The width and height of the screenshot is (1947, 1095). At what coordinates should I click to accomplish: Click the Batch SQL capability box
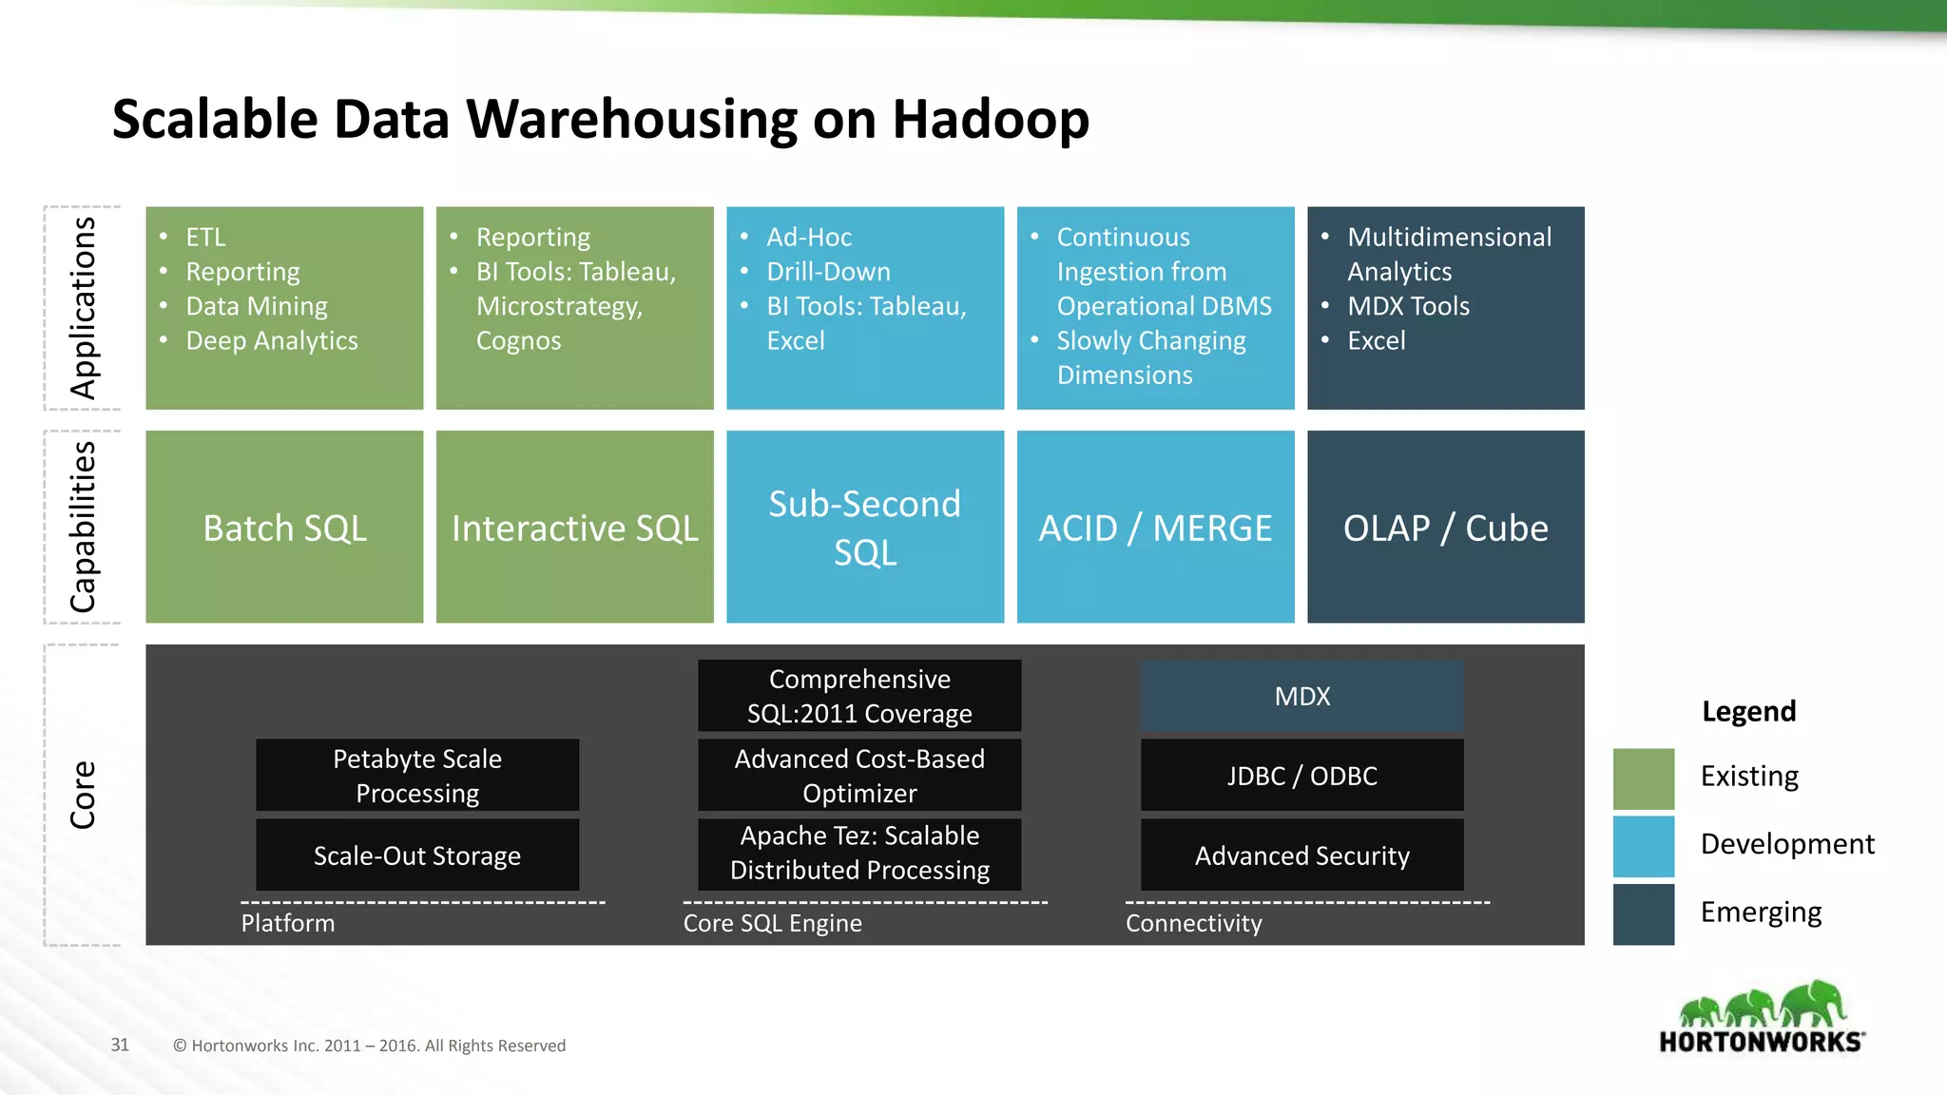(x=284, y=528)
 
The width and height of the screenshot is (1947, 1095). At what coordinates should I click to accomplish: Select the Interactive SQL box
(x=574, y=528)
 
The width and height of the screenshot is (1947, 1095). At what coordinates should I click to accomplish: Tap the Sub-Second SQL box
(x=864, y=528)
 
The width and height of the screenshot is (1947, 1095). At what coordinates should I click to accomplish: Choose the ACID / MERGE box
(x=1155, y=528)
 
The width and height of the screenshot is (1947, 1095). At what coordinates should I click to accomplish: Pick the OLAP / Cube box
(x=1445, y=528)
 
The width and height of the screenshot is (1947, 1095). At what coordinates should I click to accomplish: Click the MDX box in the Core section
(x=1301, y=696)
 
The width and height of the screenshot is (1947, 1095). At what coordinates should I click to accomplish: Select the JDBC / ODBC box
(x=1301, y=776)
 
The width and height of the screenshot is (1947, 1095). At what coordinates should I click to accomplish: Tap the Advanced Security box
(x=1301, y=855)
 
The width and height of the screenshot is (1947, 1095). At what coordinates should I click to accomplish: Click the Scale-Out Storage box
(x=416, y=855)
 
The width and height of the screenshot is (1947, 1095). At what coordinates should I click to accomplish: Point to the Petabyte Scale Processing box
(x=416, y=776)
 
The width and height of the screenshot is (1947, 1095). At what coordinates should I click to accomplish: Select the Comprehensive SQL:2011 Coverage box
(x=859, y=696)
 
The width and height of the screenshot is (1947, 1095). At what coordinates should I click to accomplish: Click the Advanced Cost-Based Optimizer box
(x=859, y=776)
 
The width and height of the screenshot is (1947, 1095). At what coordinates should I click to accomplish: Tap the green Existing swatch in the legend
(x=1643, y=778)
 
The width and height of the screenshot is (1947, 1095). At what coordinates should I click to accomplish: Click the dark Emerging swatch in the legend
(x=1643, y=913)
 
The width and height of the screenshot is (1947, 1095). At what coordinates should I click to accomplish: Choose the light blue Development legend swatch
(x=1643, y=846)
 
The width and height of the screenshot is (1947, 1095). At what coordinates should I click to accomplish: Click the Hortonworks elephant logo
(x=1762, y=1016)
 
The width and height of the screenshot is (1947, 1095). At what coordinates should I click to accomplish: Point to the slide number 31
(x=120, y=1045)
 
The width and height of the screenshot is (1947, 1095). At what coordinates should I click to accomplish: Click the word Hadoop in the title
(x=990, y=120)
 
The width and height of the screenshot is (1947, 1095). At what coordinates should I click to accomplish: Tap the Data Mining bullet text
(x=257, y=306)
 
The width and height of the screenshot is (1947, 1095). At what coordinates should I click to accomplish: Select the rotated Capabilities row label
(x=83, y=527)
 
